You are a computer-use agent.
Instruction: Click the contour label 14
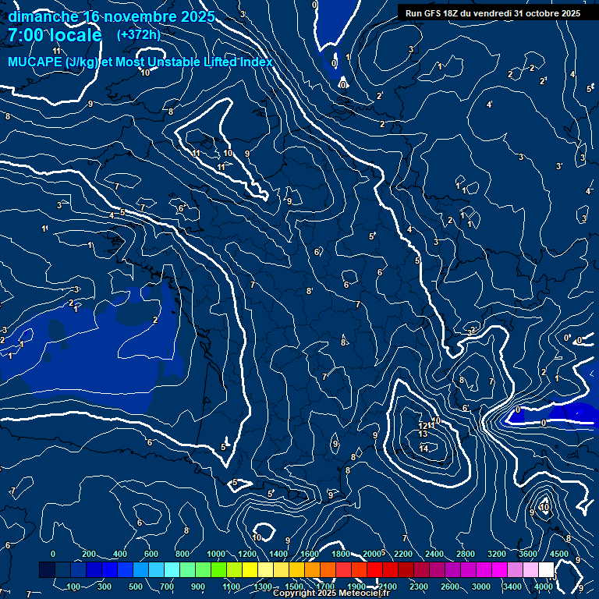tap(424, 448)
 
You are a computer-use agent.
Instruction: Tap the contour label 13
tap(424, 434)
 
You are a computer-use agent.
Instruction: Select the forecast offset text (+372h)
tap(138, 35)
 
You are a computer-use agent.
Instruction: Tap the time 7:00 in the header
tap(27, 36)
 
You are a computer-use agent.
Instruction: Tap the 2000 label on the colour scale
tap(372, 554)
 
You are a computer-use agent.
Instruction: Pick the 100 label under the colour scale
tap(74, 587)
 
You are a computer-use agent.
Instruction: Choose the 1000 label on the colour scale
tap(215, 554)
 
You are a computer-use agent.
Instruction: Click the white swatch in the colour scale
tap(545, 570)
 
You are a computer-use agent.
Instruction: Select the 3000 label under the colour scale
tap(481, 587)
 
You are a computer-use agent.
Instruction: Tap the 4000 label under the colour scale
tap(544, 587)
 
